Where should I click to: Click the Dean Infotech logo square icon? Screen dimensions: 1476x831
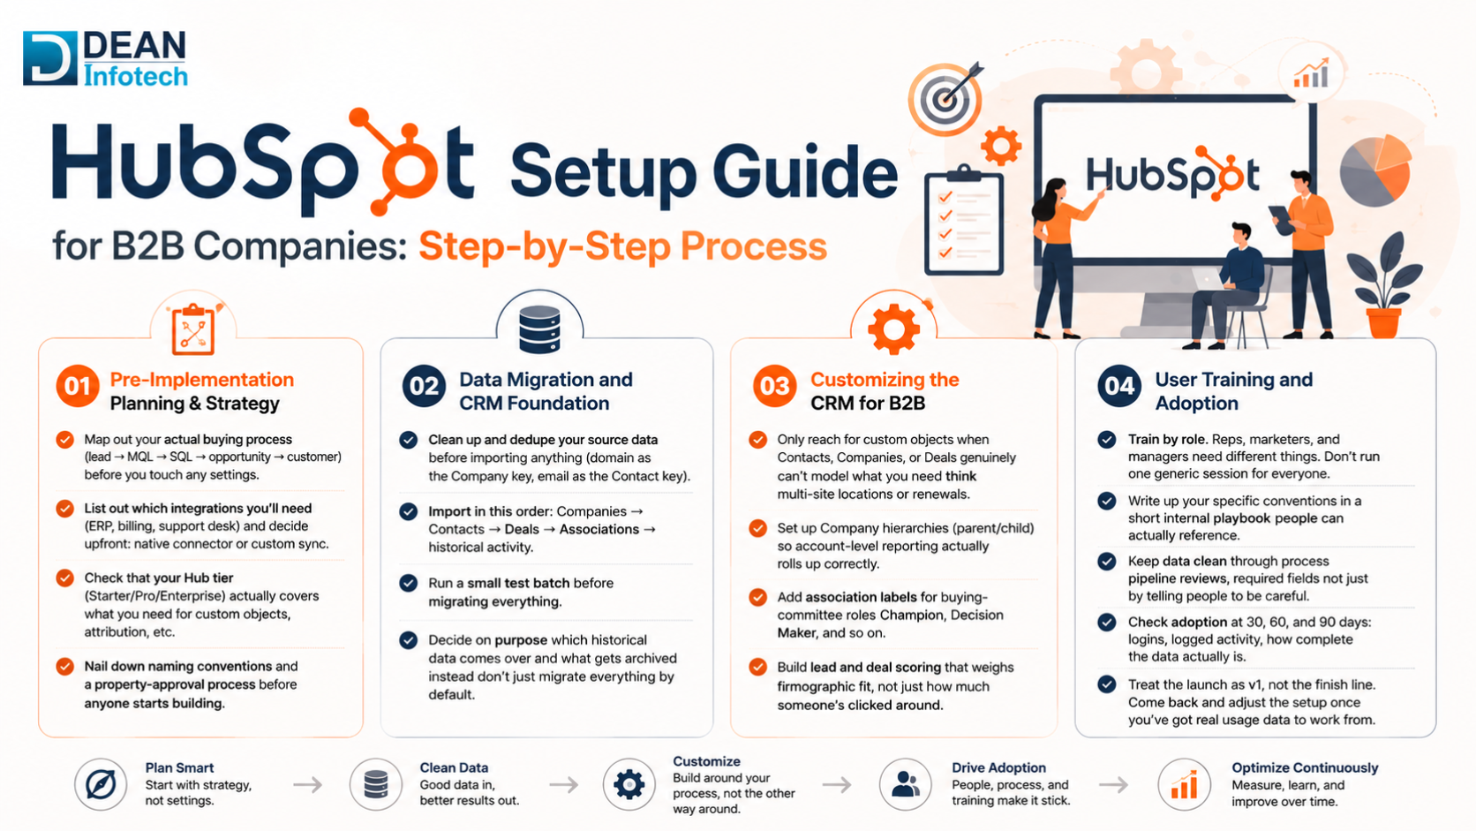pyautogui.click(x=50, y=58)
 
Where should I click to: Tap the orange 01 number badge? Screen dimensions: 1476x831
pyautogui.click(x=77, y=386)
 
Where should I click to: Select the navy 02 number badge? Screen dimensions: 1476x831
pyautogui.click(x=423, y=386)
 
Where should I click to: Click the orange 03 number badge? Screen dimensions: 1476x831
pyautogui.click(x=774, y=386)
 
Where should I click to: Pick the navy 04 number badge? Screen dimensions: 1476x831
pyautogui.click(x=1118, y=386)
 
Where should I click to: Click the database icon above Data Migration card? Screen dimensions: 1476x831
pyautogui.click(x=539, y=329)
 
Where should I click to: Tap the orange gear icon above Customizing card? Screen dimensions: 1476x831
pyautogui.click(x=893, y=329)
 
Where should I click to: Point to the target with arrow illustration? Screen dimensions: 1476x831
pyautogui.click(x=946, y=97)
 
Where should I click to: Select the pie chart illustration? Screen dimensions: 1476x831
pyautogui.click(x=1375, y=170)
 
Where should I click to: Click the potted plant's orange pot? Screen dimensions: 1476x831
pyautogui.click(x=1384, y=323)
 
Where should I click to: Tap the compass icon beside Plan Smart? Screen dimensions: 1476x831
pyautogui.click(x=101, y=784)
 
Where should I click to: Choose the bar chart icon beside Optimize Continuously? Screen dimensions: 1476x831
pyautogui.click(x=1184, y=784)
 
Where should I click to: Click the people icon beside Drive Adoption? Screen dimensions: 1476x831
pyautogui.click(x=906, y=784)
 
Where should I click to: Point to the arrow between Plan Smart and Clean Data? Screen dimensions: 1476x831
pyautogui.click(x=308, y=784)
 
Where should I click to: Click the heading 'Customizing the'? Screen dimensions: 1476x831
pyautogui.click(x=885, y=380)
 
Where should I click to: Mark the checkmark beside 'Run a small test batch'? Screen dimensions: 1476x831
pyautogui.click(x=409, y=583)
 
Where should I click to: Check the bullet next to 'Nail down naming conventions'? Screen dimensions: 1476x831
pyautogui.click(x=64, y=666)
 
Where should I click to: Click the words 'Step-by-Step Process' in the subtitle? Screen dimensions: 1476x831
pyautogui.click(x=622, y=246)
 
